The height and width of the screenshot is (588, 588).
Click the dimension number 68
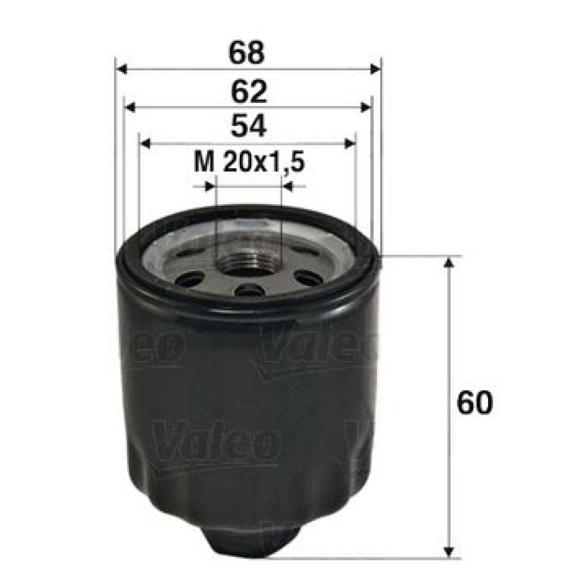(x=246, y=53)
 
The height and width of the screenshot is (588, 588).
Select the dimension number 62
(x=249, y=91)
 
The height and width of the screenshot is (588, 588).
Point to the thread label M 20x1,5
(x=249, y=162)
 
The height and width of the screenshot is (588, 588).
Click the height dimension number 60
(x=474, y=402)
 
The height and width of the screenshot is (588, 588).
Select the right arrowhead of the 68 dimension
(x=375, y=69)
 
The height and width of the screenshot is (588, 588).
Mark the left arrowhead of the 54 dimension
(x=145, y=143)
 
